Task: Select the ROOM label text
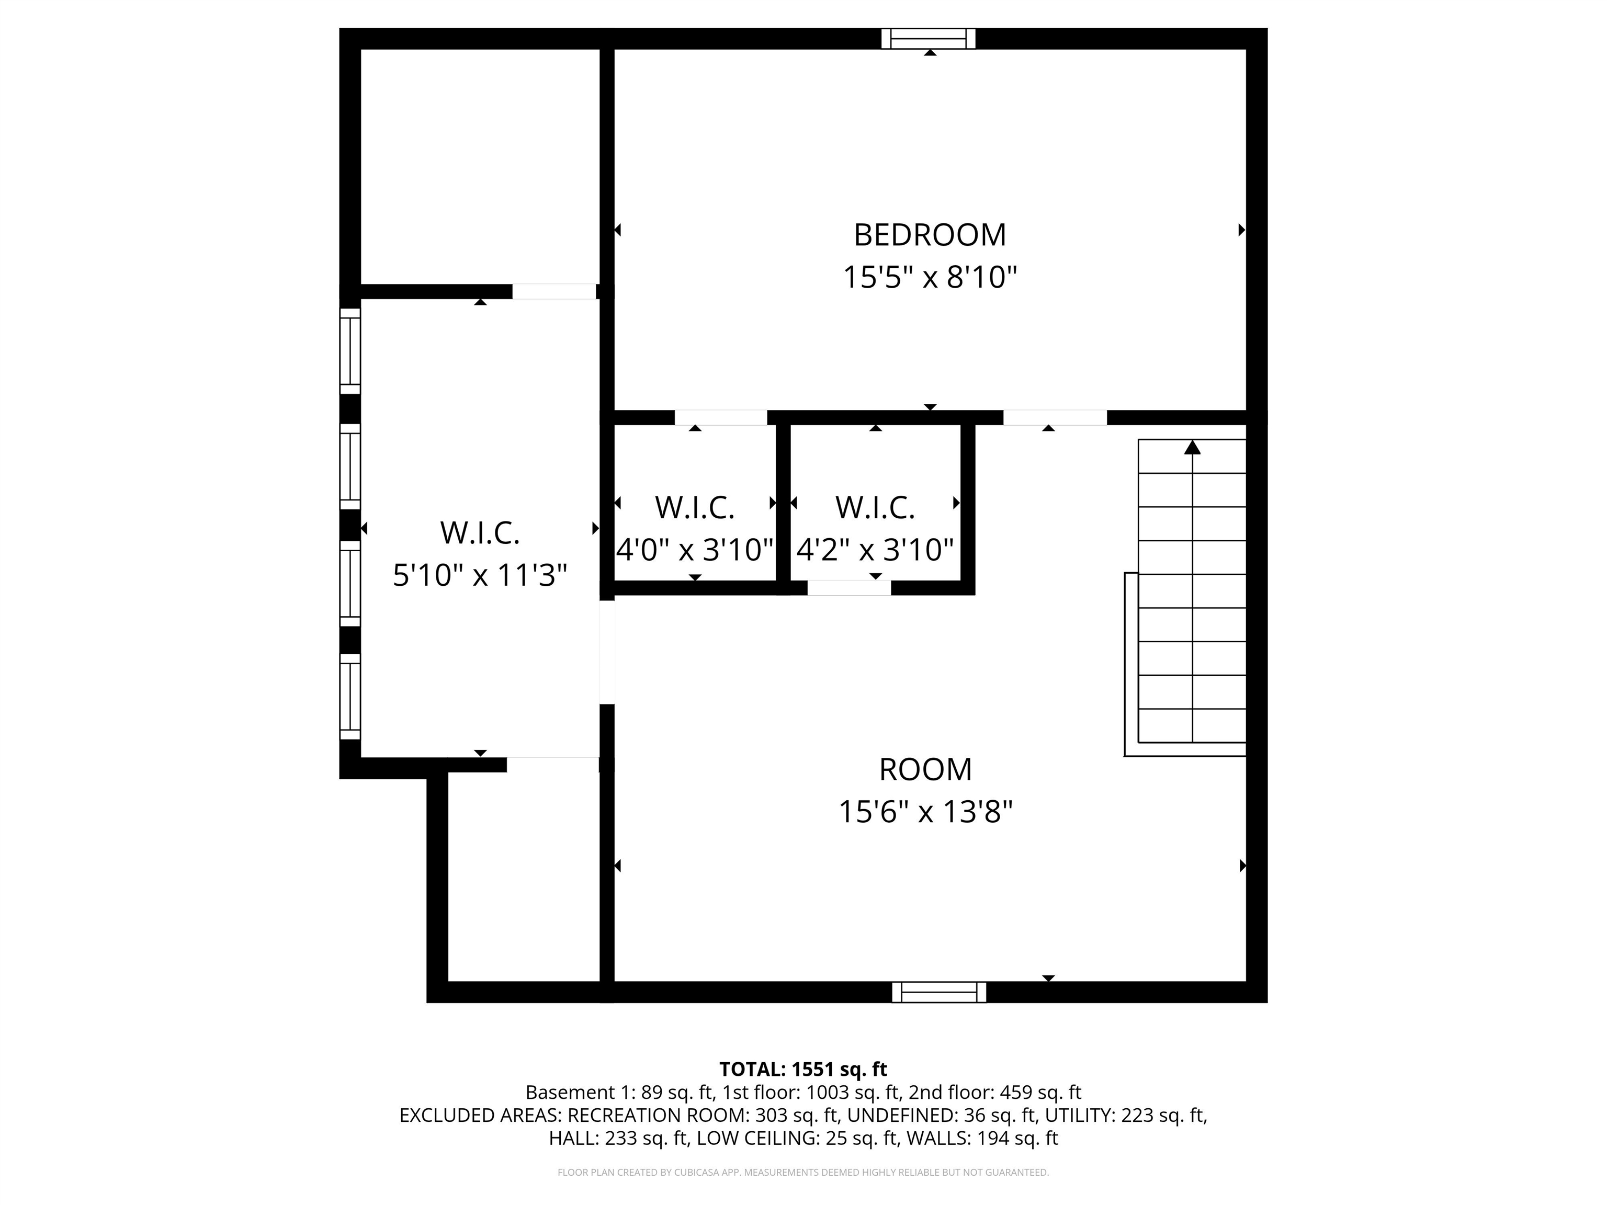pyautogui.click(x=925, y=769)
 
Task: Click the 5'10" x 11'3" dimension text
pyautogui.click(x=480, y=575)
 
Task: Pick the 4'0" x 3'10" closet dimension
pyautogui.click(x=695, y=550)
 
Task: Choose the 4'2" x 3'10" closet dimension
pyautogui.click(x=875, y=550)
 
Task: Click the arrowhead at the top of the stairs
pyautogui.click(x=1192, y=447)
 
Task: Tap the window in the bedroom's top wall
pyautogui.click(x=929, y=39)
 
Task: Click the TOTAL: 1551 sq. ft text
pyautogui.click(x=803, y=1069)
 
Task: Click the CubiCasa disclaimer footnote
pyautogui.click(x=803, y=1173)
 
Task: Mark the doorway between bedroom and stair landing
pyautogui.click(x=1055, y=418)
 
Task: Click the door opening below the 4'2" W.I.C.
pyautogui.click(x=849, y=588)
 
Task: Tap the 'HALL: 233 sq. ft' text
pyautogui.click(x=617, y=1138)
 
